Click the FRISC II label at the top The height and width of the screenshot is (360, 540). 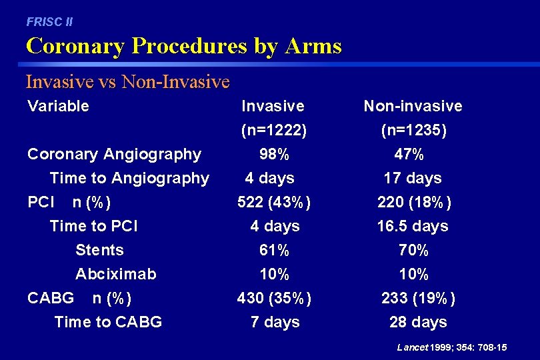tap(49, 22)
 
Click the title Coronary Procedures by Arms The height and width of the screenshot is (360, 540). tap(183, 46)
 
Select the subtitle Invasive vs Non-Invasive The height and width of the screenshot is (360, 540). tap(127, 82)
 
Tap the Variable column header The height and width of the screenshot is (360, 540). tap(58, 106)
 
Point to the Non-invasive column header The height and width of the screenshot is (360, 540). tap(413, 106)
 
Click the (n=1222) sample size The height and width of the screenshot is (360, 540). tap(274, 131)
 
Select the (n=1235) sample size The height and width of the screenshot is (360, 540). tap(413, 131)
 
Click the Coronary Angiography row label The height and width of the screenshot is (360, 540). tap(114, 154)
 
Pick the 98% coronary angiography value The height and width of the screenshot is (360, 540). tap(274, 155)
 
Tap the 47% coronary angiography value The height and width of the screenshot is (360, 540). tap(409, 155)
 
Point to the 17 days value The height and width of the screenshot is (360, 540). tap(412, 179)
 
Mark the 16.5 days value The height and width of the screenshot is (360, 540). tap(413, 227)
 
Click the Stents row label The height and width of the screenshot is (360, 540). tap(99, 251)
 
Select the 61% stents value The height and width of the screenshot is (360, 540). tap(274, 251)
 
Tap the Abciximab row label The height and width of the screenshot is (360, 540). tap(116, 275)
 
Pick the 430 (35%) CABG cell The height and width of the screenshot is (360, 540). tap(274, 299)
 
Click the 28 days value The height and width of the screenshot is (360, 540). tap(418, 323)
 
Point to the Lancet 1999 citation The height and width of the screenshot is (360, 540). tap(451, 347)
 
